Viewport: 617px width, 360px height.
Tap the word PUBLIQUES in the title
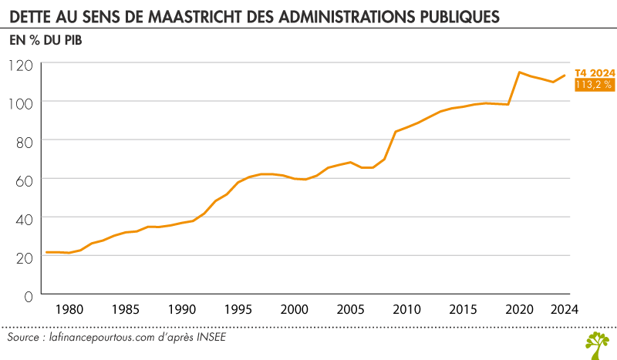point(456,15)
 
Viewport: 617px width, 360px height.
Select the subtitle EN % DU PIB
point(46,39)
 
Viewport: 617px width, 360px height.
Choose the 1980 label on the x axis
point(69,310)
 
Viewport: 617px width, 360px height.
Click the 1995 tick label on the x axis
point(238,310)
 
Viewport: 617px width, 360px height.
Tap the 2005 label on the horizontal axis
point(350,310)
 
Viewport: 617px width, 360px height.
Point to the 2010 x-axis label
point(406,310)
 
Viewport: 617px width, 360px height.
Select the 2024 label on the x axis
point(564,310)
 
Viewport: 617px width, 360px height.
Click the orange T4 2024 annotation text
point(595,73)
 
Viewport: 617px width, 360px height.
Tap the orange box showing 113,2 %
point(595,85)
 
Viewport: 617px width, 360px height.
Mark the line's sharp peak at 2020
point(520,72)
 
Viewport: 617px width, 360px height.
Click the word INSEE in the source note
point(211,338)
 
